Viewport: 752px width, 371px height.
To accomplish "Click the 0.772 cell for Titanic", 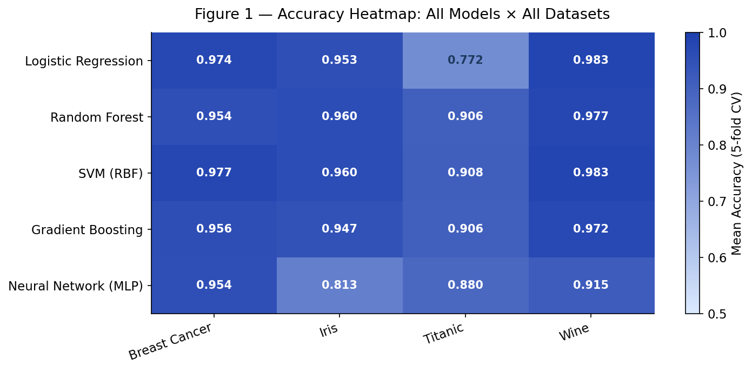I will [465, 61].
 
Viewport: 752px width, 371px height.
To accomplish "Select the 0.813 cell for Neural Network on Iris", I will [340, 285].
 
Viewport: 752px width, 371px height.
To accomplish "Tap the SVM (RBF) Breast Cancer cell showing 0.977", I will [214, 173].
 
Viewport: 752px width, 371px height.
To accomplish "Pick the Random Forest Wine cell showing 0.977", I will [591, 117].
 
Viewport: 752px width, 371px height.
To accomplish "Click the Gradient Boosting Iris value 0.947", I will [340, 229].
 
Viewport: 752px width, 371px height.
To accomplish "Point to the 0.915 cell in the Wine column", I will [591, 285].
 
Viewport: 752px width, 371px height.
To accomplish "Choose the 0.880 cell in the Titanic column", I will [465, 285].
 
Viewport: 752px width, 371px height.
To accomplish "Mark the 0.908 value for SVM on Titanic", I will [465, 173].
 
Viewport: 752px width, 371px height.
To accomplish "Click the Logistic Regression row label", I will [84, 61].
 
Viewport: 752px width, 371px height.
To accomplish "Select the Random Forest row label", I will [97, 117].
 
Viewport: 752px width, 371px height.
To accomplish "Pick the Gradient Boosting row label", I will [87, 230].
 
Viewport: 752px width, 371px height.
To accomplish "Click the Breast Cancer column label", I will [170, 342].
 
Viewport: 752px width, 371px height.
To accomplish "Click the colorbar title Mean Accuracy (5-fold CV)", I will [737, 173].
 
